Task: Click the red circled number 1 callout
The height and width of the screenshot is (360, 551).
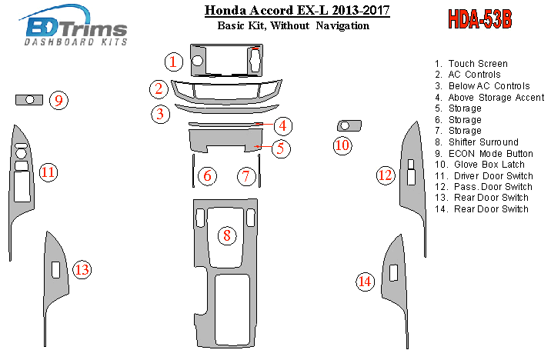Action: point(174,62)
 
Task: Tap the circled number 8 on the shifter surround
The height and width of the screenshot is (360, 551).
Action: point(227,235)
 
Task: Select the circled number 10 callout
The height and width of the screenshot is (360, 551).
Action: point(342,145)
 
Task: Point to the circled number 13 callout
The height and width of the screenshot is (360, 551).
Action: point(82,270)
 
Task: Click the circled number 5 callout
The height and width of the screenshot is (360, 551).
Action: point(281,148)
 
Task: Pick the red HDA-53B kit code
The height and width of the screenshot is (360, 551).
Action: point(480,18)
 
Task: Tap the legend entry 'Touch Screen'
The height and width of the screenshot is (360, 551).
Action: point(478,64)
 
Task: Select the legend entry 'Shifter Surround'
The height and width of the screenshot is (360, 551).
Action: point(483,142)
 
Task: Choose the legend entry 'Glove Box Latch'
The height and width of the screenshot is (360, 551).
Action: point(489,165)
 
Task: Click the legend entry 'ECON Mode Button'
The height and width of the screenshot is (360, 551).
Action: point(490,154)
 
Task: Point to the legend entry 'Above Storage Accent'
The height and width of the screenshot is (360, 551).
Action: point(496,97)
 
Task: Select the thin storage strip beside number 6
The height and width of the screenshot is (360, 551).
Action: point(193,170)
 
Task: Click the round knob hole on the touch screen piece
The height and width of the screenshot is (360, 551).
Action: point(198,61)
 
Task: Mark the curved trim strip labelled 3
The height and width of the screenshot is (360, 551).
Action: point(227,109)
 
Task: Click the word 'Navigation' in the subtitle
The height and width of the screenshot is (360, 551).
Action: point(342,25)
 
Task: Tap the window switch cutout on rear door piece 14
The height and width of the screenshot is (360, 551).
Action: point(393,273)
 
